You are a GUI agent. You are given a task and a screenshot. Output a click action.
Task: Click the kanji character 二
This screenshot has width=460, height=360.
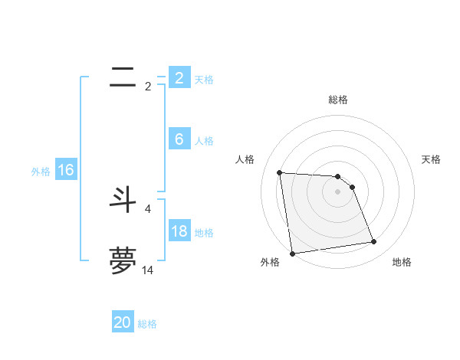(123, 77)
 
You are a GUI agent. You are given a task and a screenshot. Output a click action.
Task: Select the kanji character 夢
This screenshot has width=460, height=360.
(123, 260)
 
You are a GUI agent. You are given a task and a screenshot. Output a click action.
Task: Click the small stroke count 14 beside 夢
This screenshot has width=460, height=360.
(148, 270)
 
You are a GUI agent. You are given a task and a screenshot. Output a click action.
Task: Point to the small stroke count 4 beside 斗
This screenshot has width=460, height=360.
(148, 208)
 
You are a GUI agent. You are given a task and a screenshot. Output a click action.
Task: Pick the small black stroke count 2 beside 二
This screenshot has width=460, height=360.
(148, 87)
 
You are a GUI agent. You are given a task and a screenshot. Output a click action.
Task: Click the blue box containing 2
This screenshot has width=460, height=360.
(179, 77)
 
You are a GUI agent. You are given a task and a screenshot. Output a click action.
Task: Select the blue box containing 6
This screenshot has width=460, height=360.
(179, 139)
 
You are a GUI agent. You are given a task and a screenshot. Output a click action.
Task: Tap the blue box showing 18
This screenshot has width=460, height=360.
(179, 231)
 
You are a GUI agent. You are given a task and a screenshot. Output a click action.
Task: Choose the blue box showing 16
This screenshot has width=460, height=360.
(65, 169)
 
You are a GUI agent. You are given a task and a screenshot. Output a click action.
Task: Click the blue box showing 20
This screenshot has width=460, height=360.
(123, 322)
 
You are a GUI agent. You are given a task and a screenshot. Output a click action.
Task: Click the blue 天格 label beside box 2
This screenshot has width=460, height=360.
(204, 79)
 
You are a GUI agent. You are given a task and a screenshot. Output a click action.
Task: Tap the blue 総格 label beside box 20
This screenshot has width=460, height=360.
(147, 324)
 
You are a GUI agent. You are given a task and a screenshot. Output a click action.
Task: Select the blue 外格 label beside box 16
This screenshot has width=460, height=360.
(41, 172)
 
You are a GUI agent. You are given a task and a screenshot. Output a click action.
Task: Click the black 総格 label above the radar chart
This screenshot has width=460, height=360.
(338, 100)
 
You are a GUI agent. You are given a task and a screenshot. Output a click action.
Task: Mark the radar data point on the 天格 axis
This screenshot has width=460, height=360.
(352, 187)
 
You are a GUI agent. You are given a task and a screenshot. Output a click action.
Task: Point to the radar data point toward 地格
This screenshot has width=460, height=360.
(374, 242)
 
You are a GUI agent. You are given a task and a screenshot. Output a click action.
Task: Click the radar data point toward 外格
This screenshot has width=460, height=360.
(292, 254)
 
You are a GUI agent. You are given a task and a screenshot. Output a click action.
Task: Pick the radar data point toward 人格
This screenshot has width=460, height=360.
(280, 172)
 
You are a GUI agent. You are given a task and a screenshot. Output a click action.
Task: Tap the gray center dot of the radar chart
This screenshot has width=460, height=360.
(338, 191)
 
